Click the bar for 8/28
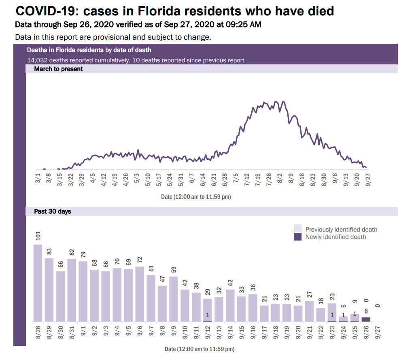point(38,283)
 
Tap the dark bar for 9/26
point(365,319)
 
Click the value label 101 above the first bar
point(38,236)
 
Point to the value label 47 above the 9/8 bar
point(162,279)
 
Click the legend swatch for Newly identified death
point(297,237)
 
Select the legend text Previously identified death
point(341,230)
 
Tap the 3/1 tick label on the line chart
point(38,178)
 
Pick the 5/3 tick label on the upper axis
point(137,178)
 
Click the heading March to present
point(58,69)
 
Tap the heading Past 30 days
point(53,211)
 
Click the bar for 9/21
point(310,311)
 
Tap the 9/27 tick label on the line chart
point(369,179)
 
